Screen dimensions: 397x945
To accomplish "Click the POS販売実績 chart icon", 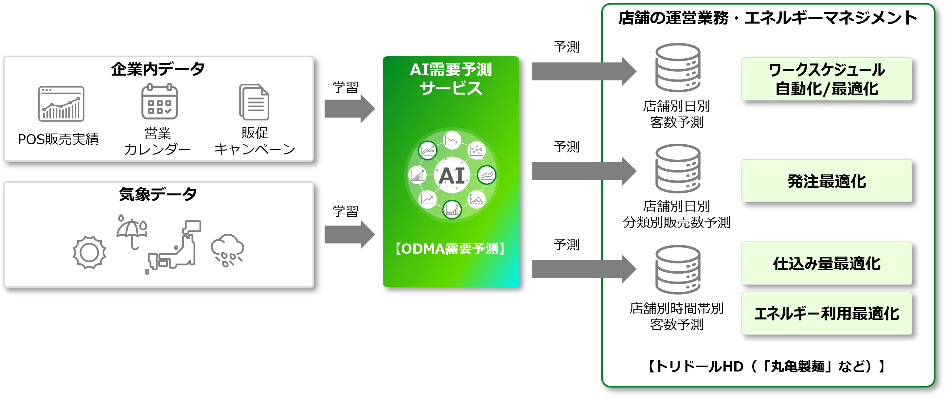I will click(61, 104).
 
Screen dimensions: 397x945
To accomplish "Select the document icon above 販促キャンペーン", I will click(254, 102).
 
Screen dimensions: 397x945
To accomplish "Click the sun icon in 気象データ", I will click(89, 252).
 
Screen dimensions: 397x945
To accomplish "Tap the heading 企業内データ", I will click(158, 69).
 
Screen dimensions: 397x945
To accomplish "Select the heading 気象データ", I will click(158, 194).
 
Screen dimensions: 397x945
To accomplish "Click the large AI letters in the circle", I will click(452, 176).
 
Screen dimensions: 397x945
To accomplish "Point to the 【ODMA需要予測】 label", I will click(451, 249).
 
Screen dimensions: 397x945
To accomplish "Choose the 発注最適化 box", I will click(827, 181).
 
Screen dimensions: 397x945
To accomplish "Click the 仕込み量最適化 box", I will click(827, 263).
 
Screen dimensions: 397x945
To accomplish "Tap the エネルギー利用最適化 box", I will click(827, 313).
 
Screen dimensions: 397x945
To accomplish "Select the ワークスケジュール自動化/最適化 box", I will click(827, 79).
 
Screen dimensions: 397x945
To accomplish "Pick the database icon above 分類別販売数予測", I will click(678, 169).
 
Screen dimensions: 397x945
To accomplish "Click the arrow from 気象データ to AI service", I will click(349, 234).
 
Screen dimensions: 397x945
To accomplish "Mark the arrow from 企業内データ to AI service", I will click(349, 109).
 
